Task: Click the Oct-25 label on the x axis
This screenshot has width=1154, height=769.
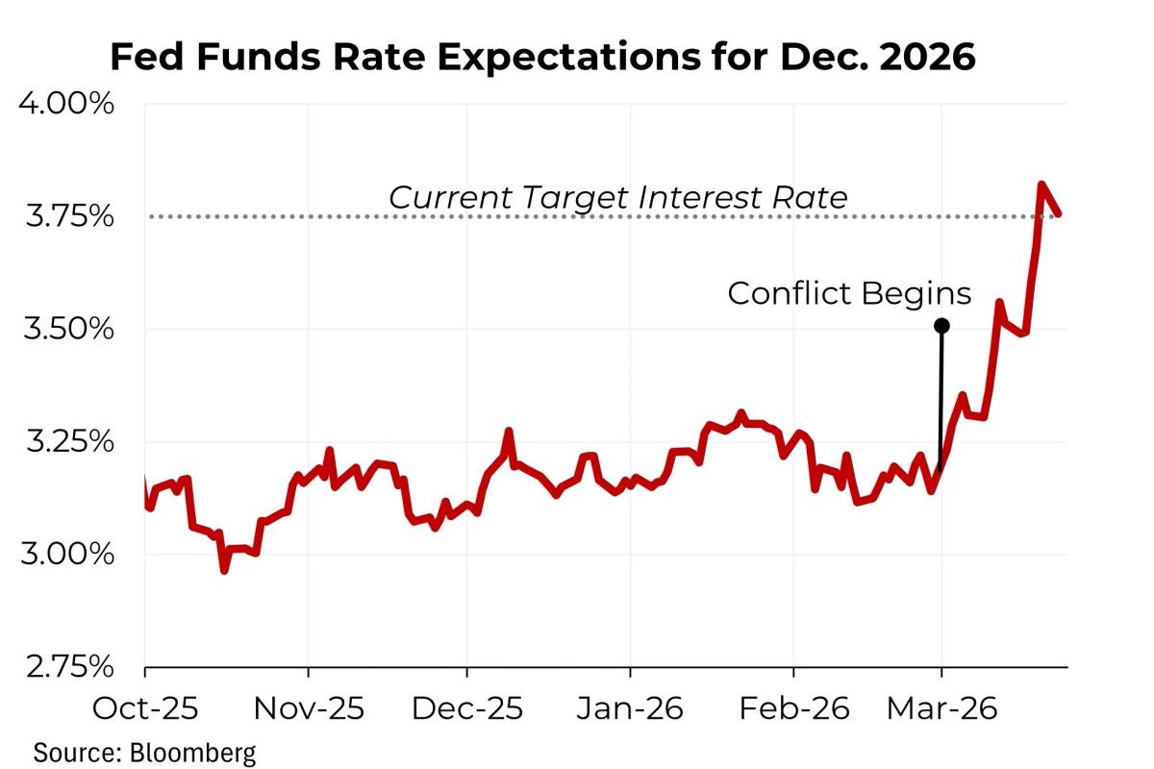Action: (144, 709)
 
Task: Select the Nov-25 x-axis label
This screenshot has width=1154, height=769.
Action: (308, 709)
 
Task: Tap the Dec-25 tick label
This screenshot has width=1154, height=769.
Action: (466, 709)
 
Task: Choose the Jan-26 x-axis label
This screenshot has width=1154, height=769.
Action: (629, 709)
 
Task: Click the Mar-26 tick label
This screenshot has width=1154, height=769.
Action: (941, 709)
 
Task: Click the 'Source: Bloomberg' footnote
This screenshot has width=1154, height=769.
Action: (145, 751)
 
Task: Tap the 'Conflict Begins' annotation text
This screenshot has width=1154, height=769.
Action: (849, 293)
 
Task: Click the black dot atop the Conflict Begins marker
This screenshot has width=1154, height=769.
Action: (941, 326)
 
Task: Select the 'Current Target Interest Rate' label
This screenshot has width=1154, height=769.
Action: (618, 197)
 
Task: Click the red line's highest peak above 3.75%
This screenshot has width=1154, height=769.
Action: (1041, 184)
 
